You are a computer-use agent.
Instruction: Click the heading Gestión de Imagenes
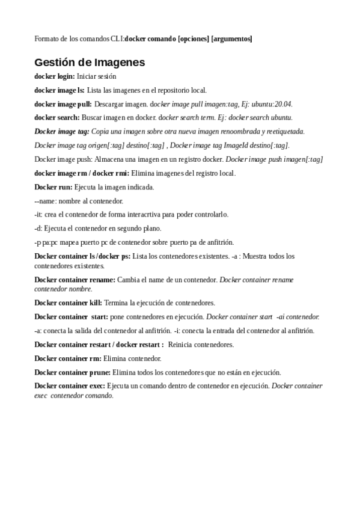90,63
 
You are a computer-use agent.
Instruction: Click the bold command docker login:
55,76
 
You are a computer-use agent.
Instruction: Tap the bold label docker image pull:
63,104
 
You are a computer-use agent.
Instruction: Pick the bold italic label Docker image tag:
62,131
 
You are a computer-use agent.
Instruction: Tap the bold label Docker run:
53,187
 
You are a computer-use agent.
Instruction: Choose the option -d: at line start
38,228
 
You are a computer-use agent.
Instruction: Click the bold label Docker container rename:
75,280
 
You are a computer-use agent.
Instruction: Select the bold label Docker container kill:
69,303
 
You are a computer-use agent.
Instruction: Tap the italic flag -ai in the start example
281,316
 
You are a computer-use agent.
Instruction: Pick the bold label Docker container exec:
70,386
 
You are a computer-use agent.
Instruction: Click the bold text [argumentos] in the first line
232,39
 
